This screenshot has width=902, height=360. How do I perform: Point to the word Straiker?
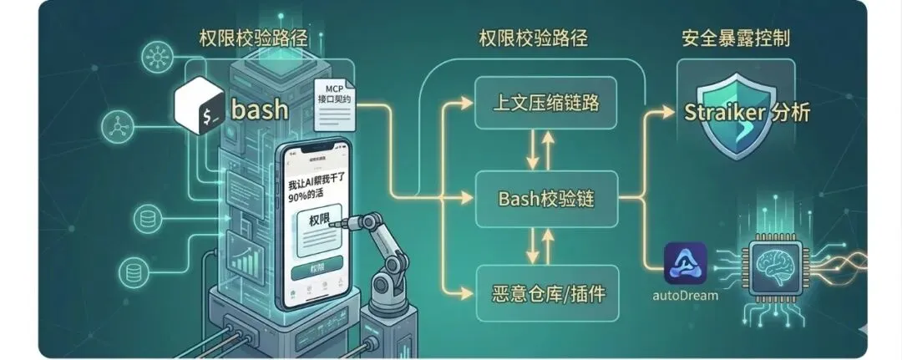coord(721,113)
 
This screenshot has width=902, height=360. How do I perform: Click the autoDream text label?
coord(685,297)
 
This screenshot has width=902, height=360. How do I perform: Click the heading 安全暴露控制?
coord(735,38)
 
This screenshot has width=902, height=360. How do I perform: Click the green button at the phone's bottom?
coord(316,270)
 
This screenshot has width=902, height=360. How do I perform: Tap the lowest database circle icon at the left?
coord(130,271)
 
